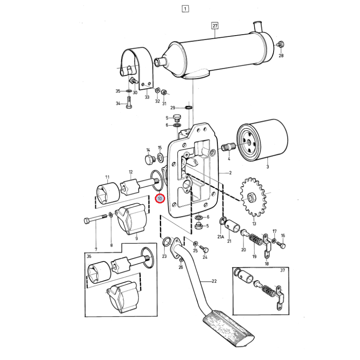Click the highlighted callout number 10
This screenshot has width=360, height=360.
[160, 198]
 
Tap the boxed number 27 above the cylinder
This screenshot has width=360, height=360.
[215, 26]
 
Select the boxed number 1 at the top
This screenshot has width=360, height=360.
[185, 9]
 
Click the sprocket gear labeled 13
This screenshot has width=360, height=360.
[253, 197]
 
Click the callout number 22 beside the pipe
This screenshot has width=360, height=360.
[214, 281]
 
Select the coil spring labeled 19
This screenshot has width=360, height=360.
[255, 243]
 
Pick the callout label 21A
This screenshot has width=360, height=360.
[220, 237]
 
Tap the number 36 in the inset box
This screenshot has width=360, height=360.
[89, 256]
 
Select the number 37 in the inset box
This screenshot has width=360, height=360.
[283, 270]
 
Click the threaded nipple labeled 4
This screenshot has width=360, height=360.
[229, 147]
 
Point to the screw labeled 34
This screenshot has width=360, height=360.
[129, 103]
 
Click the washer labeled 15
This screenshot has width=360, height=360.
[160, 157]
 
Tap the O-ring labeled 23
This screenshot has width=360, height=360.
[166, 242]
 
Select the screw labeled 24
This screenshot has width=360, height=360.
[204, 248]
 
